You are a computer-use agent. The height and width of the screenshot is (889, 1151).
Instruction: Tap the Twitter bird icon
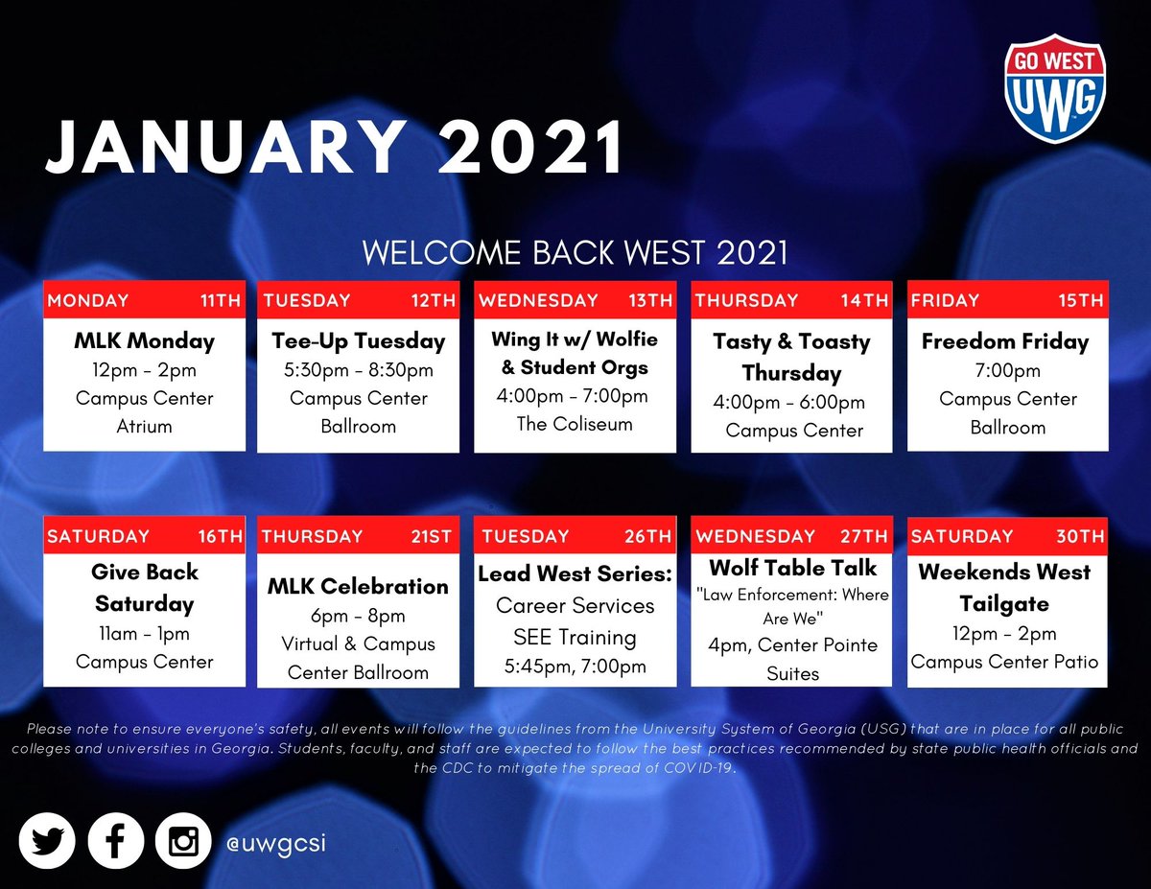(x=46, y=842)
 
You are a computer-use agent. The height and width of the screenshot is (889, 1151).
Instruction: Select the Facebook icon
(x=115, y=842)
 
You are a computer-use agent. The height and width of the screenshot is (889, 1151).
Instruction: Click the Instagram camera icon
(x=183, y=842)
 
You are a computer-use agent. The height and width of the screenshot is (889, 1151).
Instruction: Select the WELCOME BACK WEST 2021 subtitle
(x=575, y=253)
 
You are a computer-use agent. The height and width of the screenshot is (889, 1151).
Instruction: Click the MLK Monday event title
(x=144, y=341)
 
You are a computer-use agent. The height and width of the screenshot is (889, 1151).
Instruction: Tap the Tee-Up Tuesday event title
(x=358, y=341)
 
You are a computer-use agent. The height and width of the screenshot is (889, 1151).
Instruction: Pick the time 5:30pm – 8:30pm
(x=358, y=370)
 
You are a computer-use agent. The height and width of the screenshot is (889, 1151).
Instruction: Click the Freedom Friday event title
(x=1005, y=341)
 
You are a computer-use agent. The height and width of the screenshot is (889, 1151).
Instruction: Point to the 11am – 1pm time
(x=144, y=634)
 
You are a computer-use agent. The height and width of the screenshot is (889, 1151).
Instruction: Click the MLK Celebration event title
(x=358, y=586)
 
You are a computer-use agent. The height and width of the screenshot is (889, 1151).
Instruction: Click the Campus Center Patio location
(x=1004, y=662)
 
